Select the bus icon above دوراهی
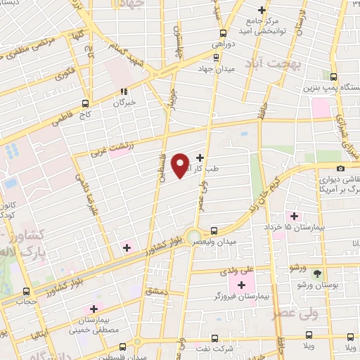223,32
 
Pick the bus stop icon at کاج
85,101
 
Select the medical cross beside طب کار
200,157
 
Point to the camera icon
341,169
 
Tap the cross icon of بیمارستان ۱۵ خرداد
294,215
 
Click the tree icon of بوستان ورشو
316,273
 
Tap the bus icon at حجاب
27,291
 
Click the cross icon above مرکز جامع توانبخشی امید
262,11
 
